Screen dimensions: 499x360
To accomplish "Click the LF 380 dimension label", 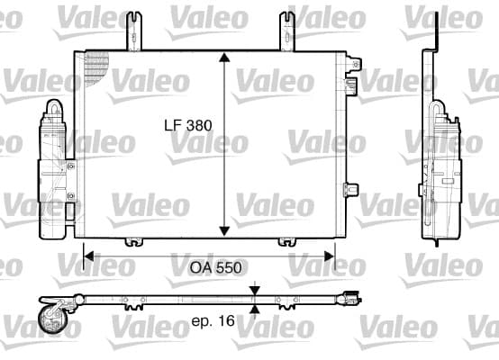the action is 188,125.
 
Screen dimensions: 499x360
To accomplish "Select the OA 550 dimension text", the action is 216,268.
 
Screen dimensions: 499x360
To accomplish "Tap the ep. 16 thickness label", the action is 213,320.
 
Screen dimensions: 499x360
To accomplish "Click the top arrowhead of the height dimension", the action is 224,58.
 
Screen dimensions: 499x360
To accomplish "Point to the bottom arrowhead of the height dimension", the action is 224,231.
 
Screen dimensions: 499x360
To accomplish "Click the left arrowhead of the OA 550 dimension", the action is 89,256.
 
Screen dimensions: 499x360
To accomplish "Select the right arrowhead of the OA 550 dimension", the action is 329,256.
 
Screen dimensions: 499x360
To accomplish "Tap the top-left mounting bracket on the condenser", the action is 134,31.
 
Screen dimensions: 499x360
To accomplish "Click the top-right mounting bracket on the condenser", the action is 287,31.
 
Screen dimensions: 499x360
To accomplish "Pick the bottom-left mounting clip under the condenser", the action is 133,242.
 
